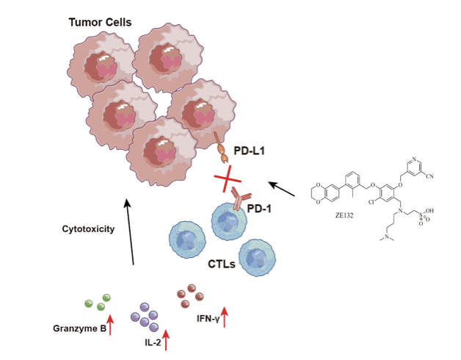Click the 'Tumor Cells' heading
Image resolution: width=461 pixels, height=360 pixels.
100,23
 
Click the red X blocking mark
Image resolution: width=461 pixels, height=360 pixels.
228,179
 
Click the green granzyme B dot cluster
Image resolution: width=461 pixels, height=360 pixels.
97,301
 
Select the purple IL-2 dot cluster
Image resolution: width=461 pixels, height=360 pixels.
145,318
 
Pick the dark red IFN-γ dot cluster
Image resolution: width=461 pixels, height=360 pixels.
191,296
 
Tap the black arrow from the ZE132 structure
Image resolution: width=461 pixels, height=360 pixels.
285,188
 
